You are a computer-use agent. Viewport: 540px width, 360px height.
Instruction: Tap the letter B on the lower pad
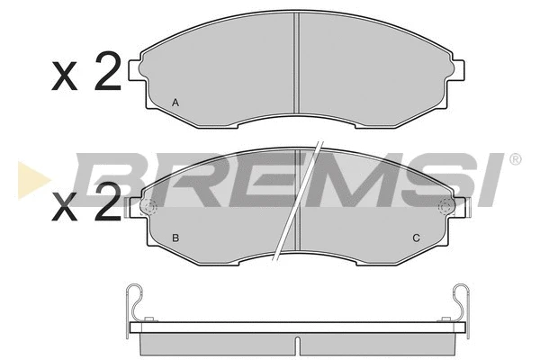pyautogui.click(x=175, y=238)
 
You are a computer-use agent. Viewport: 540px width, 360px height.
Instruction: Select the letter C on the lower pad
pyautogui.click(x=416, y=238)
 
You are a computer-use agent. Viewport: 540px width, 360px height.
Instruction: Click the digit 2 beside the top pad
pyautogui.click(x=106, y=71)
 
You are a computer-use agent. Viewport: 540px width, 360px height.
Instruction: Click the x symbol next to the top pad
pyautogui.click(x=65, y=76)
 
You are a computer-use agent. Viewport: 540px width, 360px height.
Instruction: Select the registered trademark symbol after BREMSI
pyautogui.click(x=515, y=159)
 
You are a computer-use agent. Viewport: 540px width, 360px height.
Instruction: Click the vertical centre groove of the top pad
pyautogui.click(x=296, y=67)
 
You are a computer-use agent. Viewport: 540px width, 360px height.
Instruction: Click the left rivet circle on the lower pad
pyautogui.click(x=149, y=207)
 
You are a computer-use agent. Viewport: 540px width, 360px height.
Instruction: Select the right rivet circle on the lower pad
pyautogui.click(x=445, y=207)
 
